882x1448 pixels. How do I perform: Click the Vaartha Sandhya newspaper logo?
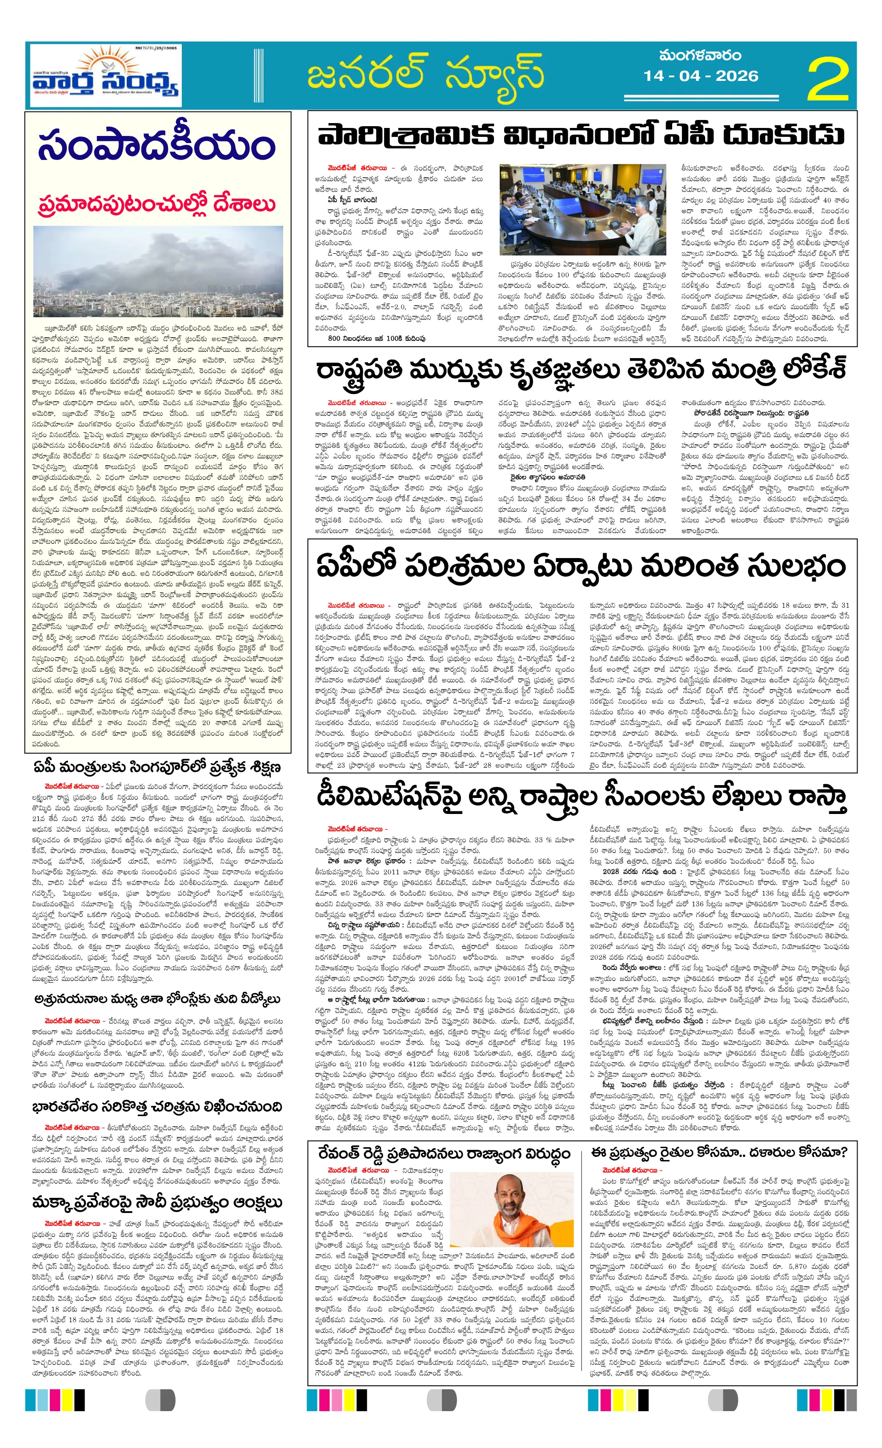106,76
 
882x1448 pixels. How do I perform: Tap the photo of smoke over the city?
157,271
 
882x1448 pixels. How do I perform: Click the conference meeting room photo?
582,209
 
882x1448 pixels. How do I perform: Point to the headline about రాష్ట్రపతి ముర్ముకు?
581,370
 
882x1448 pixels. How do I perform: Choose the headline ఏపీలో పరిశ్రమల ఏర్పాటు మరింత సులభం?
581,566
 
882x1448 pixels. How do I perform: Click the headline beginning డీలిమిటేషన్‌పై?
581,798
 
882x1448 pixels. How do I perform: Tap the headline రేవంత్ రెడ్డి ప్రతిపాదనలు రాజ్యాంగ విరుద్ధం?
444,1153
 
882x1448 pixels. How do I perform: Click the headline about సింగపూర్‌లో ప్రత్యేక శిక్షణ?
157,767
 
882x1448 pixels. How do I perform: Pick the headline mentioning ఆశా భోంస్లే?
157,999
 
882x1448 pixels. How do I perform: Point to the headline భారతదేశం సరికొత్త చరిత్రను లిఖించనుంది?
157,1107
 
